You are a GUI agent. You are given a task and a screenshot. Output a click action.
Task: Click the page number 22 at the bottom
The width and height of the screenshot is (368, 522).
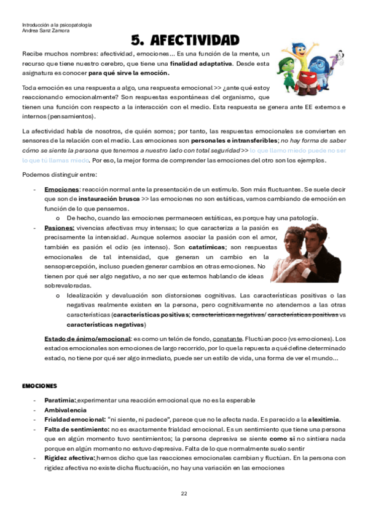(x=184, y=494)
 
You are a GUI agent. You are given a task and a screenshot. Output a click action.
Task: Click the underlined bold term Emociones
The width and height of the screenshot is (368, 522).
(x=61, y=190)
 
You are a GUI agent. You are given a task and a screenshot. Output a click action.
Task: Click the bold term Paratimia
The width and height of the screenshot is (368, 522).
(x=60, y=400)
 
